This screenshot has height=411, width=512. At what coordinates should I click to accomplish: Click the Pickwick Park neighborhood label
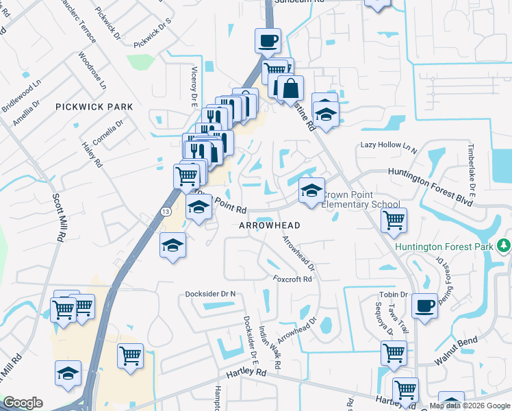(x=94, y=107)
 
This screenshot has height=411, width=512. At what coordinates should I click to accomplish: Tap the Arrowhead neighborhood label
(x=270, y=225)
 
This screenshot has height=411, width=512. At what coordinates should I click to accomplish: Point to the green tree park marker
(x=504, y=245)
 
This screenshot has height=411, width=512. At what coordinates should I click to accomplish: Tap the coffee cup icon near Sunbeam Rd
(x=268, y=40)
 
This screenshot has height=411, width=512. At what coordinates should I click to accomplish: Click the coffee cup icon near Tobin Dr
(x=425, y=306)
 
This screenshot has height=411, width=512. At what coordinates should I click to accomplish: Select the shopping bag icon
(x=290, y=88)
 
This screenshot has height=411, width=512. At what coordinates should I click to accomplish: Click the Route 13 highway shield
(x=166, y=213)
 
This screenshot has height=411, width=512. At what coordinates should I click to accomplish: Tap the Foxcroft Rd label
(x=292, y=279)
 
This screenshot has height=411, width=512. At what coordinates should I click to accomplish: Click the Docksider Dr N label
(x=210, y=294)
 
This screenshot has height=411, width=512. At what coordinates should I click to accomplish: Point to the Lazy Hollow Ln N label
(x=389, y=146)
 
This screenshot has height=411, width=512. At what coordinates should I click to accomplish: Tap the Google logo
(x=23, y=403)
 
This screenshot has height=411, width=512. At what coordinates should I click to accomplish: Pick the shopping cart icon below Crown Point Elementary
(x=394, y=220)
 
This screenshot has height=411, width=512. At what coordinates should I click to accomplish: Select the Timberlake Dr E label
(x=472, y=166)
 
